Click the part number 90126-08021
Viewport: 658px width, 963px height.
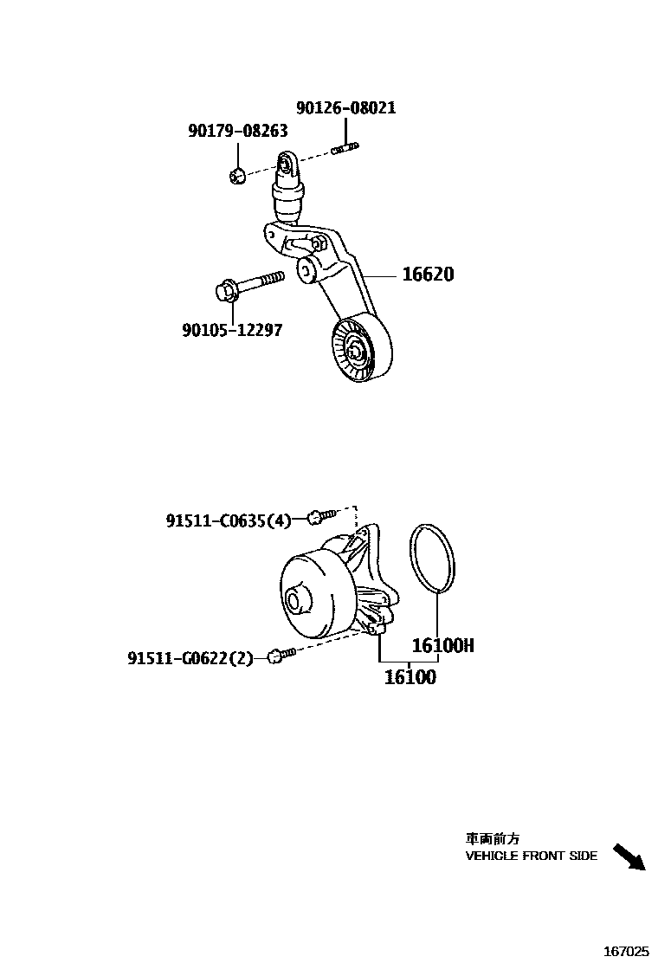345,108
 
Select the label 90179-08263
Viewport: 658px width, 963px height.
238,130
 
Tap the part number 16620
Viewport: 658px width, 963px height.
428,275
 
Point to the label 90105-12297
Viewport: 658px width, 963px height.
232,330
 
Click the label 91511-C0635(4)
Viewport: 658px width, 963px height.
229,520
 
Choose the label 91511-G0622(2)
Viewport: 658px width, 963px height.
190,658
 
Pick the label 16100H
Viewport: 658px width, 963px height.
442,645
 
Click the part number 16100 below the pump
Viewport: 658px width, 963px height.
410,677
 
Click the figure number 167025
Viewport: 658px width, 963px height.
626,950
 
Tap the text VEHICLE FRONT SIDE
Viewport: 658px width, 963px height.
531,856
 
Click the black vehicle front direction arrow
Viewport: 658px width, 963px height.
629,856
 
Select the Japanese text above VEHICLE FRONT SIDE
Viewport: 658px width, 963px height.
493,838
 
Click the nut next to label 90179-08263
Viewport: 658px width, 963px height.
236,175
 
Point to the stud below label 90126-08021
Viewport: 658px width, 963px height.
344,151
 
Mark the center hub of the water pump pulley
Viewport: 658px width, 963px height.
295,600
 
